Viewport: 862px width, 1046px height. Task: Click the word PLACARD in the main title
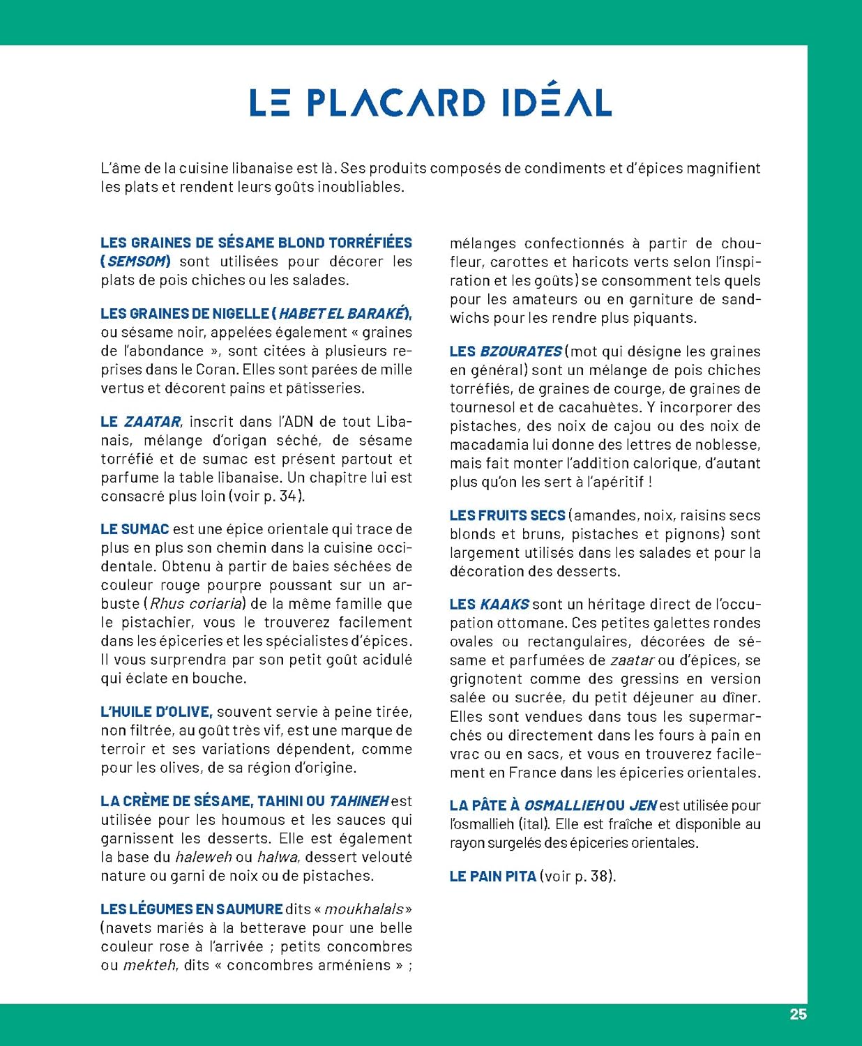pos(395,103)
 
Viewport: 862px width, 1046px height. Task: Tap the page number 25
pos(798,1015)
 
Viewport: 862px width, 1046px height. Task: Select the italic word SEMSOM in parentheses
pos(137,261)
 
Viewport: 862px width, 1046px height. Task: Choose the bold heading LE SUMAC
pos(135,529)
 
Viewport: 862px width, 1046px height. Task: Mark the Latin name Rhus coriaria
pos(196,604)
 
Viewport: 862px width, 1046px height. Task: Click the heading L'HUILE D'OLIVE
pos(156,712)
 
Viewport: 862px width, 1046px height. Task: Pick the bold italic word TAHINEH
pos(358,801)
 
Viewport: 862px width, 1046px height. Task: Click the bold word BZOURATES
pos(520,351)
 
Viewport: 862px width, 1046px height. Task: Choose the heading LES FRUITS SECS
pos(507,515)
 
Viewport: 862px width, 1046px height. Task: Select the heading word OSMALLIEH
pos(564,805)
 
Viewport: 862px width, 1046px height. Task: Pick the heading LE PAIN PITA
pos(492,877)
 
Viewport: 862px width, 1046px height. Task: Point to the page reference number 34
pos(287,497)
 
